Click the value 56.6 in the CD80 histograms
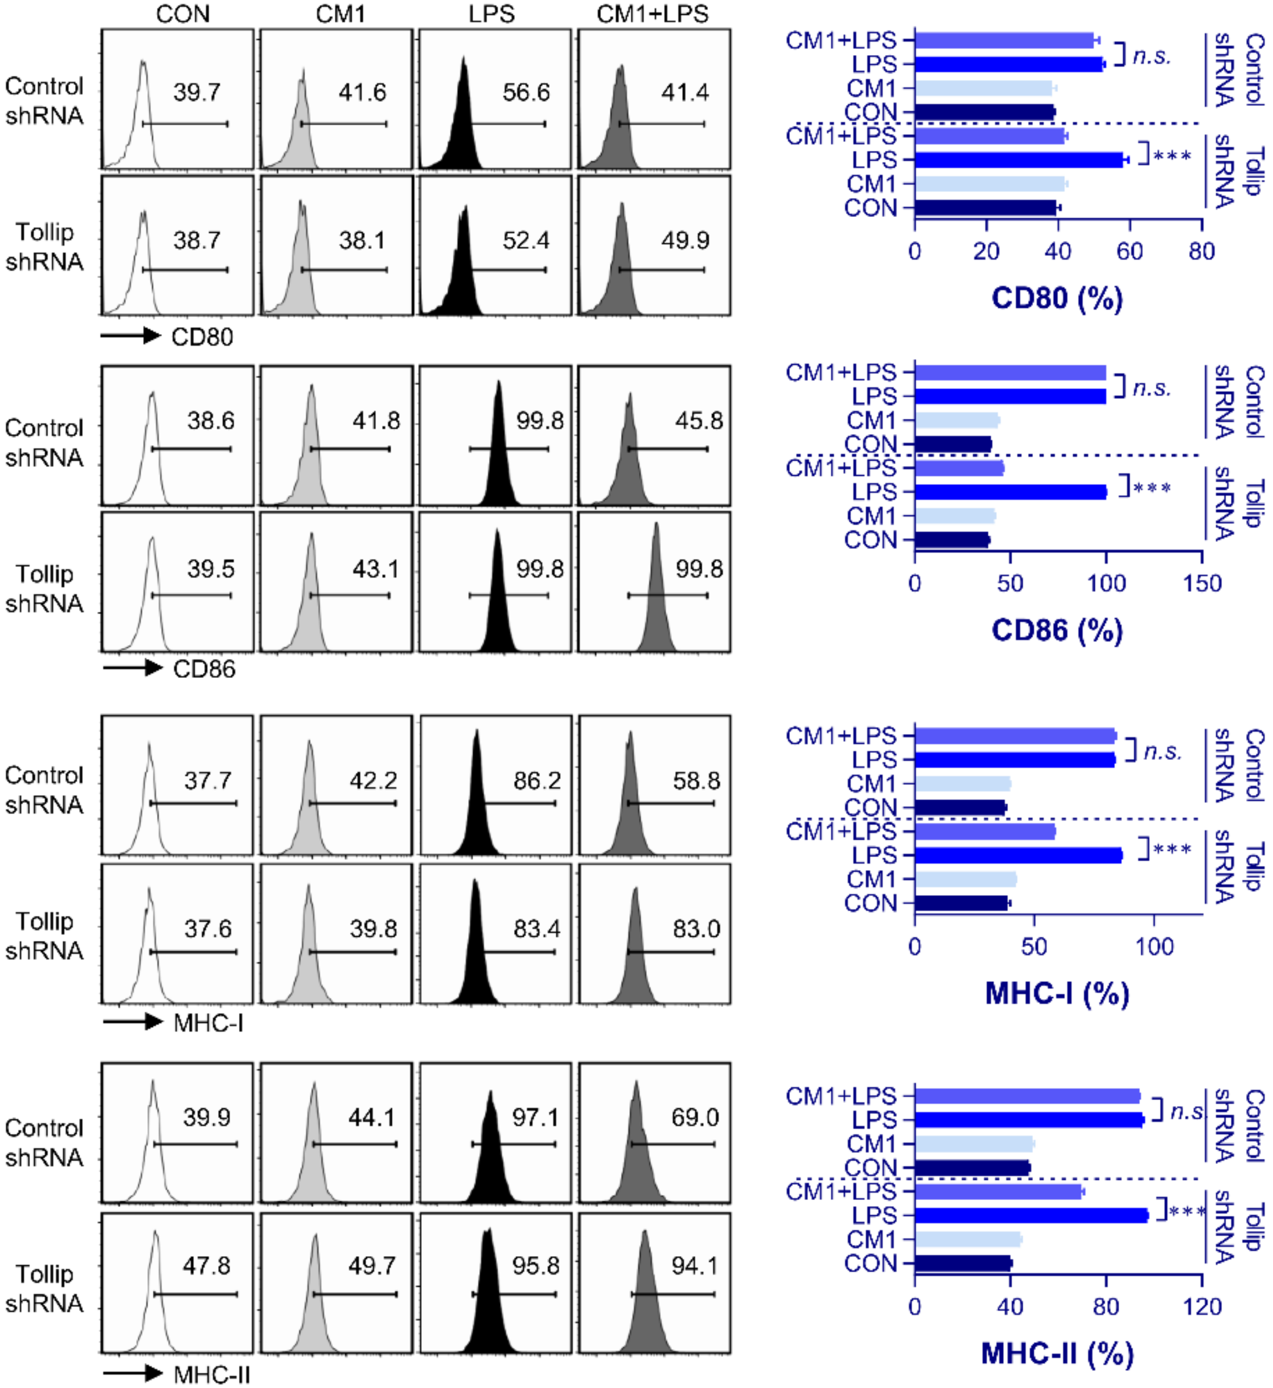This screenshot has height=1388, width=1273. [526, 92]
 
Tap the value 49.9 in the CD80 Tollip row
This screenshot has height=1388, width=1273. [685, 240]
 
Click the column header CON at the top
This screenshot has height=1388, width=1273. [182, 14]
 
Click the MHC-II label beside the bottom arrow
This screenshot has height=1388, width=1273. [211, 1374]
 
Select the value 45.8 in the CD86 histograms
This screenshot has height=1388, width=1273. [698, 421]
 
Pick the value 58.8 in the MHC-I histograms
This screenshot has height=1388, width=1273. [696, 780]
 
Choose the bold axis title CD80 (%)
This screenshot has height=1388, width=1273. [1057, 298]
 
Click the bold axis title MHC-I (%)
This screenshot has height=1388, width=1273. [1057, 993]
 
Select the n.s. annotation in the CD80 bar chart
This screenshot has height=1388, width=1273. [1152, 56]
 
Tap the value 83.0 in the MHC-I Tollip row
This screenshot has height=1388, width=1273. [696, 929]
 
